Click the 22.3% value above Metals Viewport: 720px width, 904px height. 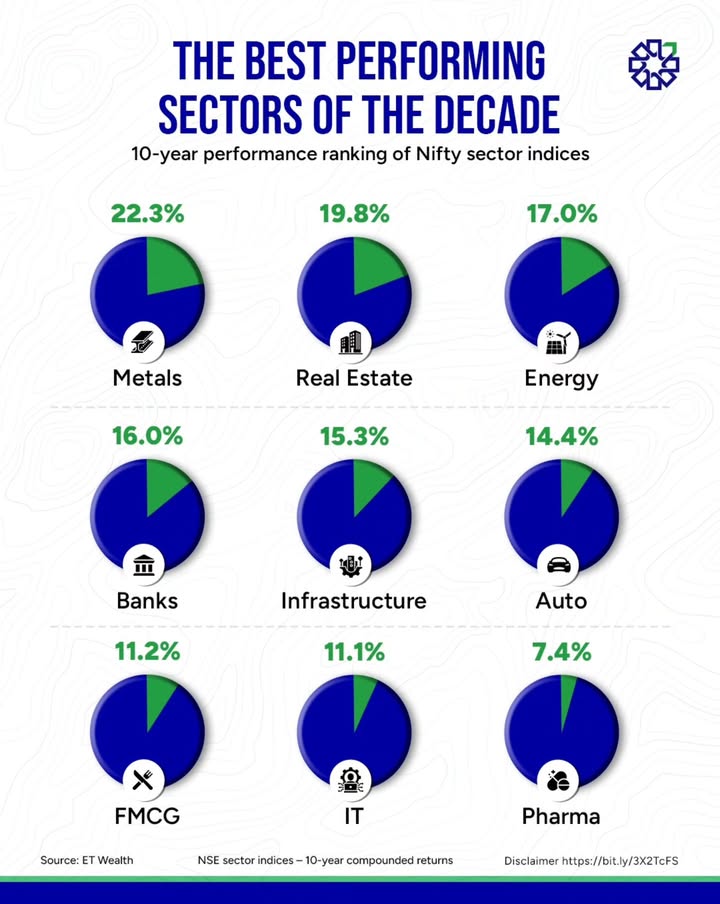(x=147, y=214)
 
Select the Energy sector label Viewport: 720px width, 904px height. (x=561, y=378)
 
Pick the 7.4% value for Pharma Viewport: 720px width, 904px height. (x=561, y=652)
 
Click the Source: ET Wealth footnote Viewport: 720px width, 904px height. (x=87, y=860)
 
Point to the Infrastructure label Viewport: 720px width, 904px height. (x=353, y=601)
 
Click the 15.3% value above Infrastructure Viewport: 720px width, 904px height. (x=354, y=436)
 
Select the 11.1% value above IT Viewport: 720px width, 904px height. (x=354, y=652)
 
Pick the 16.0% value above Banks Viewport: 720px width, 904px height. (x=147, y=436)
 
